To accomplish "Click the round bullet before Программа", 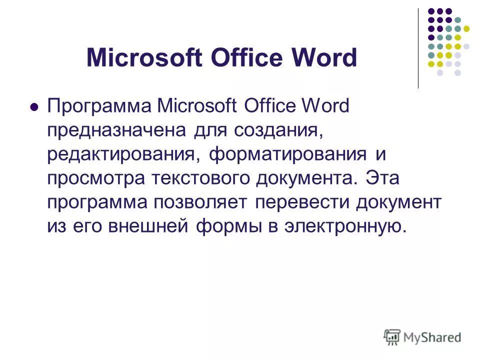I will point(34,106).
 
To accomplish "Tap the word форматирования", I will point(287,154).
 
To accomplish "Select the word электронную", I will point(342,226).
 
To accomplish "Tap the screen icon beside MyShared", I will point(392,336).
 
